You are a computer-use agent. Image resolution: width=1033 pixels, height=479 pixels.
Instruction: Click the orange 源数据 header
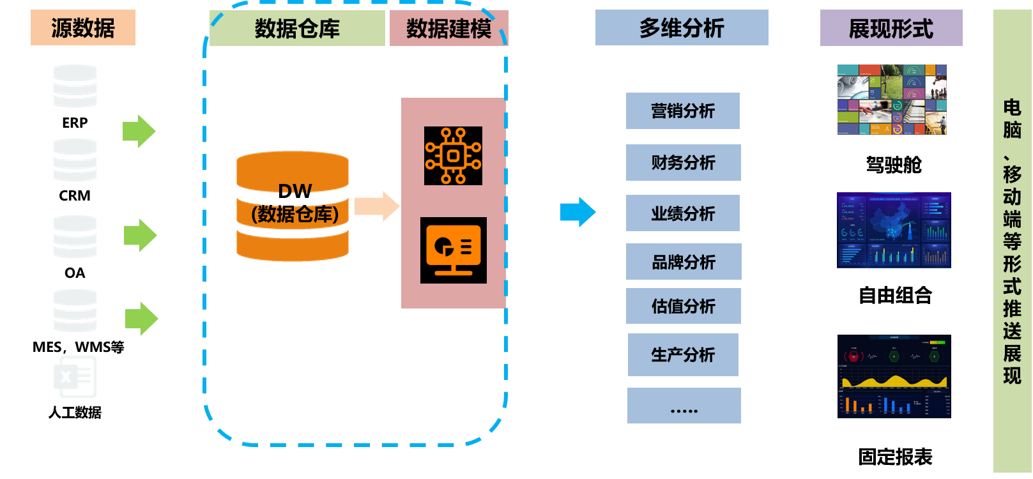coord(83,27)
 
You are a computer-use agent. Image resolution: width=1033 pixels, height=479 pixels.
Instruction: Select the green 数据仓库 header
coord(297,28)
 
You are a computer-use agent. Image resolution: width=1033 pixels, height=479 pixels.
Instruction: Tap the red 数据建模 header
coord(448,28)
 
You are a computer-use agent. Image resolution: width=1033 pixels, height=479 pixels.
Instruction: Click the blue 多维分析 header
coord(682,27)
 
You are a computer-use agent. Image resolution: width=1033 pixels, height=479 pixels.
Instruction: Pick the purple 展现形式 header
coord(891,28)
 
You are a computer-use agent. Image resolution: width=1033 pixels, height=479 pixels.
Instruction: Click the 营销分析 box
coord(682,111)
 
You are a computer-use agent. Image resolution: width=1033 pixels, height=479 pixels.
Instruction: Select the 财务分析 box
coord(683,163)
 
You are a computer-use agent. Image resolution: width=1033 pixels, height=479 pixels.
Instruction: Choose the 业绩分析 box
coord(682,213)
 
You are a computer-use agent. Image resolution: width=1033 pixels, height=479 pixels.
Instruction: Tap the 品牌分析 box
coord(683,262)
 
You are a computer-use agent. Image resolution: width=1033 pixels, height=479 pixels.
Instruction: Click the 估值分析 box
coord(683,306)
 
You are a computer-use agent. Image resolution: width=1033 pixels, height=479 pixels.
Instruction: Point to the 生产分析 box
coord(682,354)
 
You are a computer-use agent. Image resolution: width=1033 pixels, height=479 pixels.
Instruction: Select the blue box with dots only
coord(684,406)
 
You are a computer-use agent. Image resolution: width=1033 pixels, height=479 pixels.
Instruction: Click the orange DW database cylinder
coord(293,206)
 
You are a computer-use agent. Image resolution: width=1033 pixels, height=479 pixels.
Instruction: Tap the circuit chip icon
coord(453,156)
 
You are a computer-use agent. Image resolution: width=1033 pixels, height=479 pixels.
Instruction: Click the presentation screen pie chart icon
coord(453,250)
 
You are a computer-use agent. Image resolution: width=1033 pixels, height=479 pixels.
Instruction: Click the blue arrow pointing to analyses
coord(578,212)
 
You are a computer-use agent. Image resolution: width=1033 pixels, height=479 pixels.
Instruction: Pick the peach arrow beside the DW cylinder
coord(377,206)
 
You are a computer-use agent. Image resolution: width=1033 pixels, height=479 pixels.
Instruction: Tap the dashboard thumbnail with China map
coord(894,230)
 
